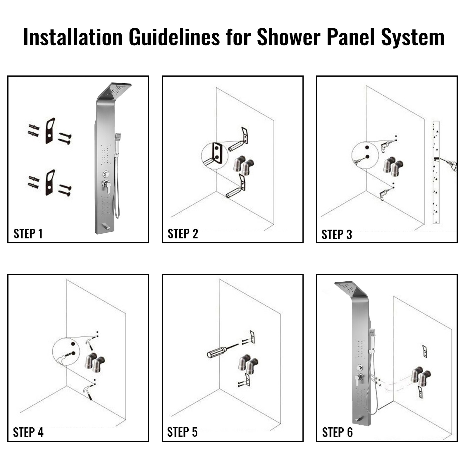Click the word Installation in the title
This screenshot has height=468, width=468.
pyautogui.click(x=73, y=37)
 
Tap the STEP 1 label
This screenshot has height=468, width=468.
pyautogui.click(x=28, y=234)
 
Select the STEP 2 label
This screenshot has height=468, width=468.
pyautogui.click(x=183, y=234)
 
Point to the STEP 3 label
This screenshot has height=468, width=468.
pyautogui.click(x=337, y=235)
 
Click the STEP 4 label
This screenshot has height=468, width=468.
pyautogui.click(x=28, y=432)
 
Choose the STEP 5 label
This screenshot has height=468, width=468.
pyautogui.click(x=182, y=432)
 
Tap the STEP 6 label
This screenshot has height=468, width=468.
pyautogui.click(x=337, y=432)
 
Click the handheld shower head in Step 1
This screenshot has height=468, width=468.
pyautogui.click(x=118, y=137)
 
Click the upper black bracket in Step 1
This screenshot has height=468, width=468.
pyautogui.click(x=50, y=131)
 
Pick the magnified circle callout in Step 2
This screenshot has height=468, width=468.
pyautogui.click(x=214, y=156)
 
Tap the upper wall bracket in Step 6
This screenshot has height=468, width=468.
pyautogui.click(x=424, y=351)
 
